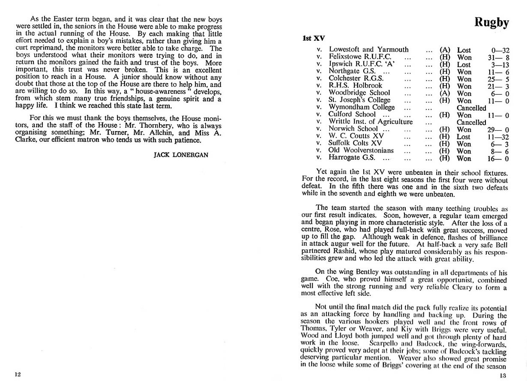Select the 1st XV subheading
pos(313,38)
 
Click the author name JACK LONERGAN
pos(181,155)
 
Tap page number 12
pos(18,374)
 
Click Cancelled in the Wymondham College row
pos(471,108)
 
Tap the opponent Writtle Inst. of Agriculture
pos(371,122)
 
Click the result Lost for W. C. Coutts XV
pos(464,136)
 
